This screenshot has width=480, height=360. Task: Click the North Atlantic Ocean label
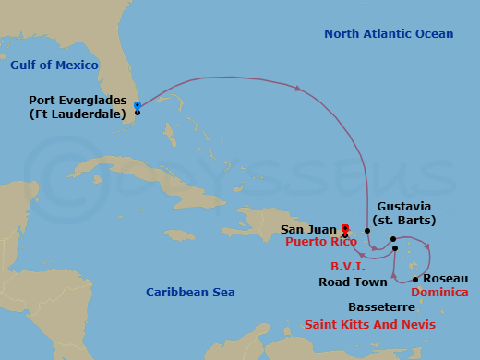pyautogui.click(x=389, y=34)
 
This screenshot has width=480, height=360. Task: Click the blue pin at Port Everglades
pyautogui.click(x=137, y=106)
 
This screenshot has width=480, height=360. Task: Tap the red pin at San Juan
pyautogui.click(x=344, y=229)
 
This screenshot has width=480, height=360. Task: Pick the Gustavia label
pyautogui.click(x=404, y=208)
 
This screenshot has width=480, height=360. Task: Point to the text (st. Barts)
pyautogui.click(x=405, y=221)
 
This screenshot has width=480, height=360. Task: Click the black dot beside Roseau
pyautogui.click(x=415, y=279)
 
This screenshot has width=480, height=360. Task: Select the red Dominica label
pyautogui.click(x=439, y=293)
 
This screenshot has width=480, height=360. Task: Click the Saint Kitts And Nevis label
pyautogui.click(x=370, y=325)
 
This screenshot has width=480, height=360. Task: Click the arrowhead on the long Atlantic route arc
pyautogui.click(x=299, y=89)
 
